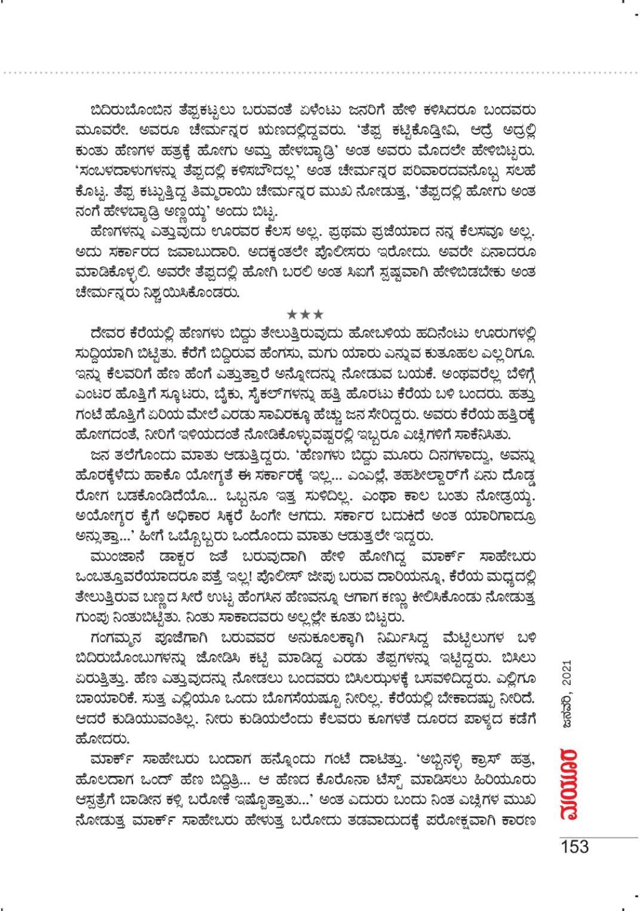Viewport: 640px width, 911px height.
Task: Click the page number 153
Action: [574, 846]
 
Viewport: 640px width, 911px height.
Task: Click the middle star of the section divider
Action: [305, 314]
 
